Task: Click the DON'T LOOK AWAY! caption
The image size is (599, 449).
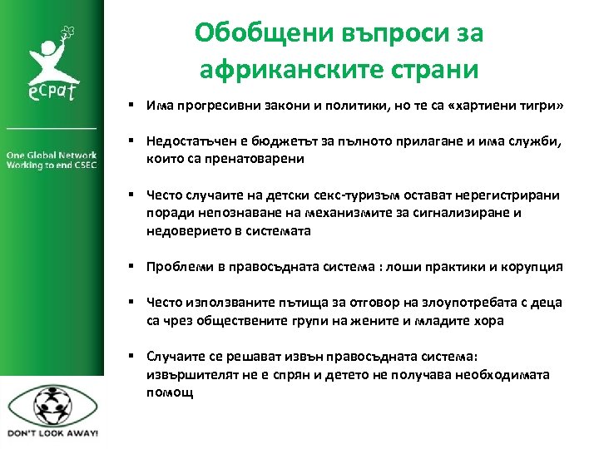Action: pyautogui.click(x=52, y=433)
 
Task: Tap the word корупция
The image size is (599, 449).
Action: pyautogui.click(x=530, y=267)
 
